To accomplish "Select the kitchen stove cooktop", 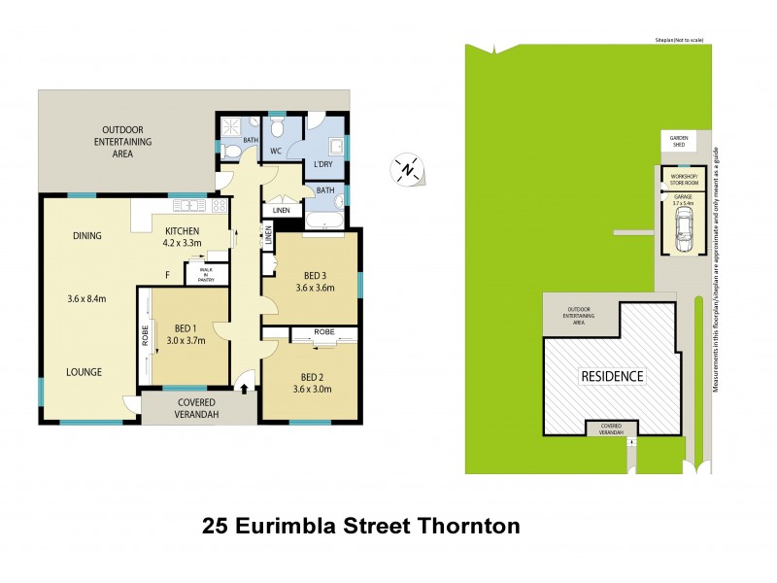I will coord(219,206).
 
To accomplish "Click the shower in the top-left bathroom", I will coord(231,126).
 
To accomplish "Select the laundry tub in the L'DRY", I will coord(335,148).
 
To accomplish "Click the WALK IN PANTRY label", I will coord(206,274).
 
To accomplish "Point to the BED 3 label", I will coord(314,273).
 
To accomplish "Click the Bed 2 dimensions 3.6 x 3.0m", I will coord(314,390).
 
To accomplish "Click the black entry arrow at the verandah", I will coord(243,389).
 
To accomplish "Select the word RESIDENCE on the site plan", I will coord(612,375).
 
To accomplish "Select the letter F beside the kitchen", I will coord(167,275).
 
